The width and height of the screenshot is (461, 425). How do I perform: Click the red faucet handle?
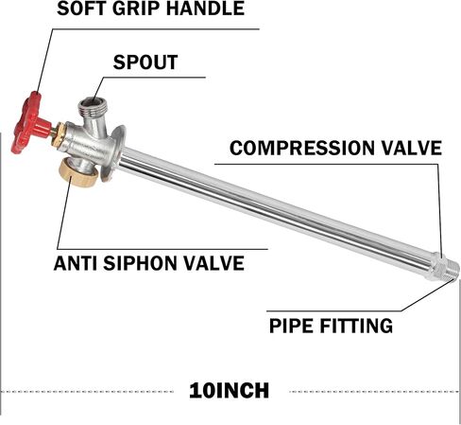(29, 123)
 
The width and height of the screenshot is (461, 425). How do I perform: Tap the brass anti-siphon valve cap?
(78, 173)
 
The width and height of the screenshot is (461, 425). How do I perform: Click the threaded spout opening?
(93, 106)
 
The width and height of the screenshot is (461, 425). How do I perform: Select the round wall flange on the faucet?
(113, 153)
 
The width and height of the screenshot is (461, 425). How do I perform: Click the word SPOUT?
(145, 62)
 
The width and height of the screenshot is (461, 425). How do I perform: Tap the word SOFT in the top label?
(81, 9)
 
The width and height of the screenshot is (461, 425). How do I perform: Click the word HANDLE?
(205, 9)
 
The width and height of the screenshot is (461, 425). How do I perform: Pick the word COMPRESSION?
(302, 148)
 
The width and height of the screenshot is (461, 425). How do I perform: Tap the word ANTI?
(76, 263)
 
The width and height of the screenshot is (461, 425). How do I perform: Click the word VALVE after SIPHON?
(214, 263)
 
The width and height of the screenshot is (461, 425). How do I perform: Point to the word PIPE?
(291, 326)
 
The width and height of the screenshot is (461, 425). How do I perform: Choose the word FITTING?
(356, 326)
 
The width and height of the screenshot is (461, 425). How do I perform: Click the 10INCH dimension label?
(230, 390)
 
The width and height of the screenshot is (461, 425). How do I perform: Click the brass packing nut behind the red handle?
(60, 134)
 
